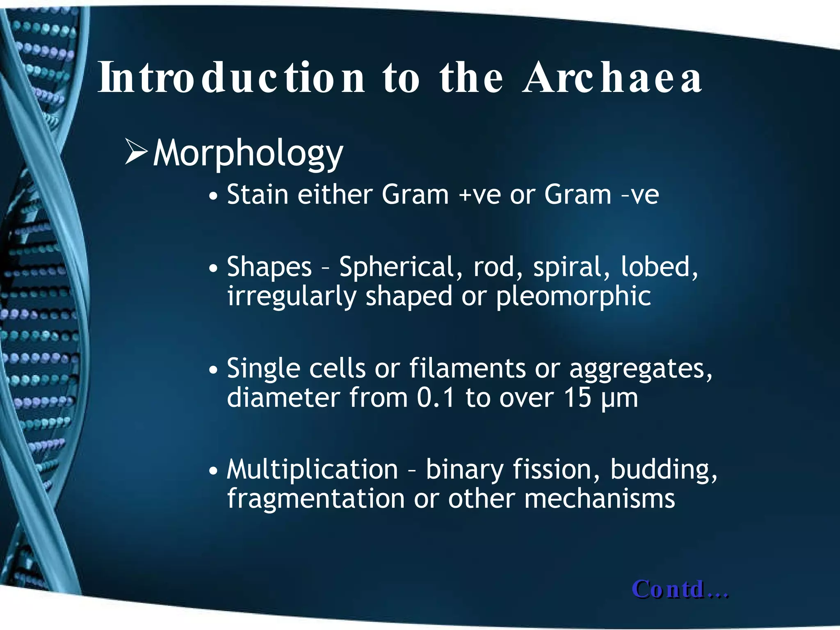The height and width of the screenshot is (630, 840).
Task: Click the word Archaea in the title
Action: (612, 78)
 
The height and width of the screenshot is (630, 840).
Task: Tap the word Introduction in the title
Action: (231, 78)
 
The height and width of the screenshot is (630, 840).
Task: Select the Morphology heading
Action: (248, 153)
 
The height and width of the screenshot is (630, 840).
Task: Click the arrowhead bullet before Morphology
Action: (136, 152)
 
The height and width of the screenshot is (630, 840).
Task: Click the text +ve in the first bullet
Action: (479, 195)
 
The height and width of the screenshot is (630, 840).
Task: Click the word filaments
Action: (467, 368)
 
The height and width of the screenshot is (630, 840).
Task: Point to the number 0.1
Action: (436, 397)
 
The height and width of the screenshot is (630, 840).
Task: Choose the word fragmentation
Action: (316, 499)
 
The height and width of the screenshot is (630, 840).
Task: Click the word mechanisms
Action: (599, 499)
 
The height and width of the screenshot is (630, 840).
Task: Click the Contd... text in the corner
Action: (680, 589)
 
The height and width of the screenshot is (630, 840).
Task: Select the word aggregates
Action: (640, 369)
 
